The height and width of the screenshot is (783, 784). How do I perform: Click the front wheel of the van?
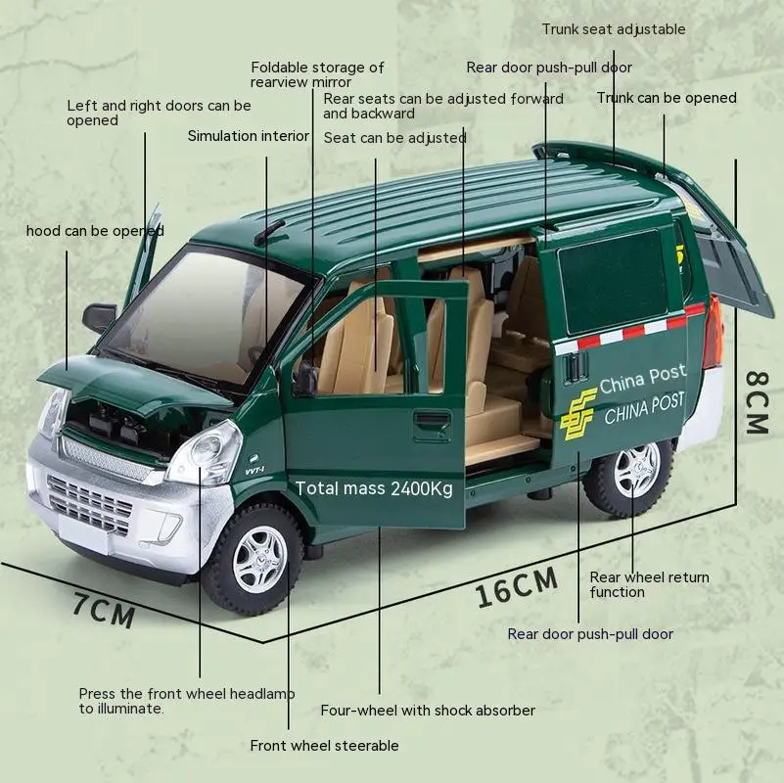[255, 560]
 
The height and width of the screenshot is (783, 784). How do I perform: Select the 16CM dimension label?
[517, 587]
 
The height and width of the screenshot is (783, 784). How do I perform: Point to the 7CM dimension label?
[104, 610]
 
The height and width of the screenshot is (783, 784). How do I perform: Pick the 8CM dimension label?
[757, 402]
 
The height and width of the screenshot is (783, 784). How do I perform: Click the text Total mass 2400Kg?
[374, 488]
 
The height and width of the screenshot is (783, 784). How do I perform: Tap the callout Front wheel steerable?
[324, 746]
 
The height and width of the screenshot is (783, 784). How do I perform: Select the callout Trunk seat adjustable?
[614, 29]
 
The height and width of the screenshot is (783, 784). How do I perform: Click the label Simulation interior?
[248, 136]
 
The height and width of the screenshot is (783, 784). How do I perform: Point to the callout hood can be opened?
[95, 231]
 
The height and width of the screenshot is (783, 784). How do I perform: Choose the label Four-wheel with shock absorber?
[428, 711]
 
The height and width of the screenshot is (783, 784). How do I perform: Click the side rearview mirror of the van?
[99, 316]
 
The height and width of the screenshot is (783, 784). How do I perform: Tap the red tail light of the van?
[714, 333]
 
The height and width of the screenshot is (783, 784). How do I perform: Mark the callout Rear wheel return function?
[649, 584]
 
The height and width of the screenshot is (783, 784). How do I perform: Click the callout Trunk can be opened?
[667, 98]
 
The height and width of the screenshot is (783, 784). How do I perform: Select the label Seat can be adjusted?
[394, 137]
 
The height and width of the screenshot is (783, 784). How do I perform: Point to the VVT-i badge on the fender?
[254, 470]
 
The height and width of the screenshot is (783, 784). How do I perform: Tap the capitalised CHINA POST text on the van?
[644, 409]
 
